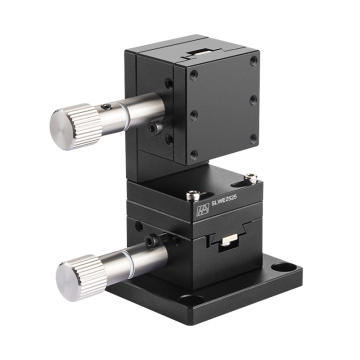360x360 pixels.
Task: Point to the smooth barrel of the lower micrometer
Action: pos(138,263)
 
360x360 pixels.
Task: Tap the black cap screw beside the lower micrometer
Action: pos(150,242)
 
